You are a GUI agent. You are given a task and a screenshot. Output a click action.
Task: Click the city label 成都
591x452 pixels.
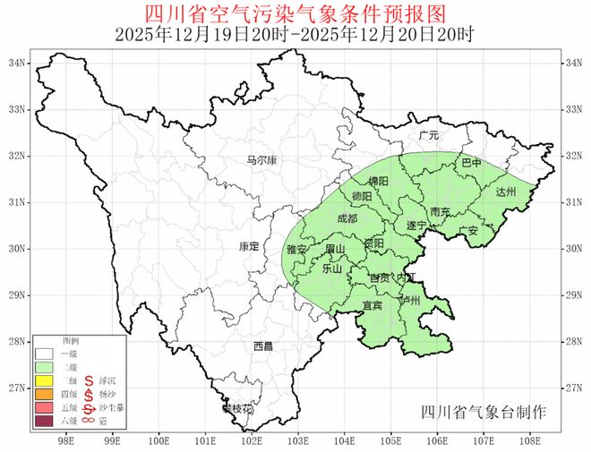(346, 218)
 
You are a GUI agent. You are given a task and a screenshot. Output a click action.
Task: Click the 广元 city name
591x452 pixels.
(429, 135)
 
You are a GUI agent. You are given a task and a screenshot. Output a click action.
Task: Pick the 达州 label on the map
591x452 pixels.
(506, 192)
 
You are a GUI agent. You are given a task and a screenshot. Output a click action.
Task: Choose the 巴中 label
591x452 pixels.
(471, 164)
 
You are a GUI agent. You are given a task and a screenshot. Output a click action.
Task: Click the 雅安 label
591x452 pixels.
(296, 249)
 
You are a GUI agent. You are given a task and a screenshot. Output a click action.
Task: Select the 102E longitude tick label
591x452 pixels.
(253, 440)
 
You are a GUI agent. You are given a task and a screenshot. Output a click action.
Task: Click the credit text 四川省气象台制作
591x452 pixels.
(484, 413)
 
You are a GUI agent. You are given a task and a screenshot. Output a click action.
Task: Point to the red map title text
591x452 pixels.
(295, 13)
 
